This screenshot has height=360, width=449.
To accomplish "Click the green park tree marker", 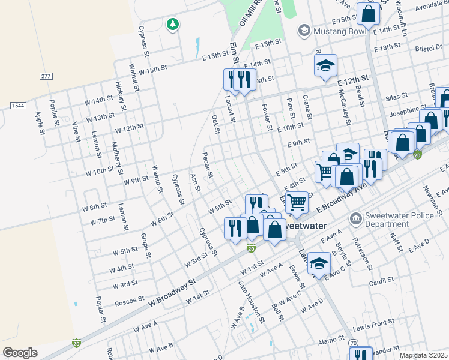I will (x=173, y=24).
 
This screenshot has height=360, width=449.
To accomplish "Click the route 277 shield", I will (x=46, y=76).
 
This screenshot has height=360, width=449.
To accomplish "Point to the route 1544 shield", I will (x=18, y=106).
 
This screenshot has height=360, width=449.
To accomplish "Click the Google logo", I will (x=20, y=353).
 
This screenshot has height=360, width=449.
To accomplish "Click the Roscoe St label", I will (x=130, y=298).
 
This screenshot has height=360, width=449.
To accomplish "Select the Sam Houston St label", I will (x=251, y=301).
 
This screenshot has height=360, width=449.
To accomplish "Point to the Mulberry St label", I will (x=118, y=154).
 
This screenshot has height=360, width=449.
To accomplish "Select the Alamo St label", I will (x=331, y=340).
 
